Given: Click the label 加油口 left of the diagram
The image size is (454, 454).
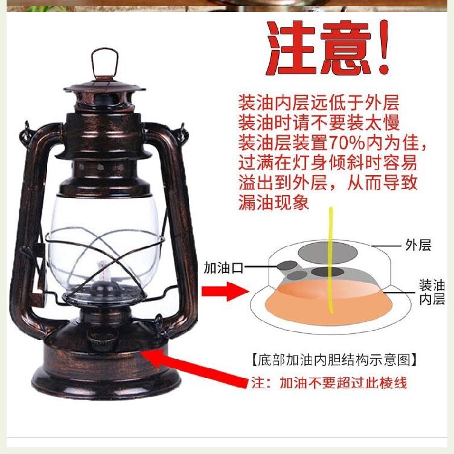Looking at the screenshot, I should click(x=223, y=267).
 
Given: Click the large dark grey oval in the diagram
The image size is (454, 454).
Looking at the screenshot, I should click(x=329, y=251).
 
